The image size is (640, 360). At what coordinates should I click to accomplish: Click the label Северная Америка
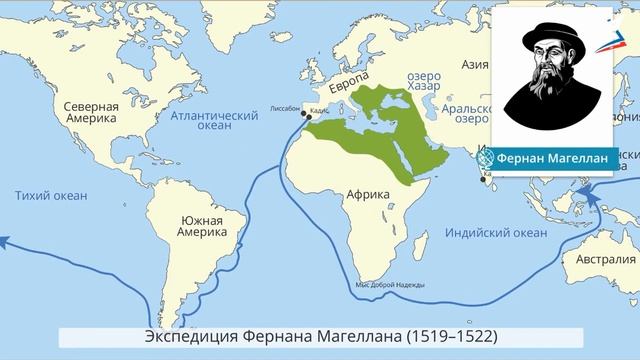point(91,113)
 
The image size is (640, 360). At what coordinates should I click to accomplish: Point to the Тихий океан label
point(51,195)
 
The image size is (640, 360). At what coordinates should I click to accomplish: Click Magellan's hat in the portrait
point(551,37)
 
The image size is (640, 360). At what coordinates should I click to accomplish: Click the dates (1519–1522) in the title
point(447,334)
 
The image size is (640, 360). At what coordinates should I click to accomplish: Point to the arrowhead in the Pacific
point(5,241)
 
